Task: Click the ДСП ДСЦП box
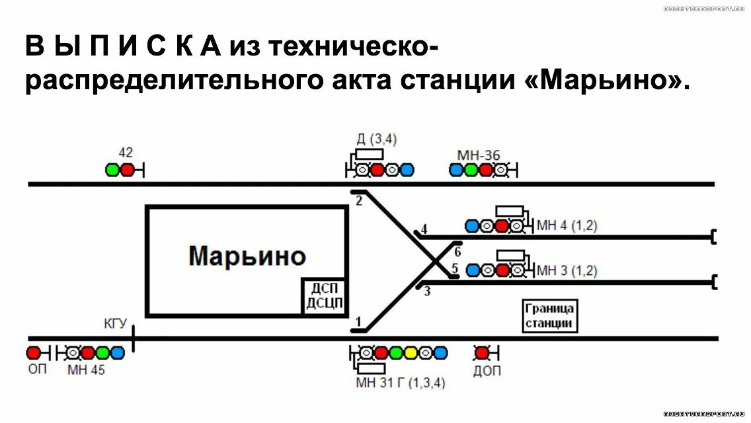(325, 296)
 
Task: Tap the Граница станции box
(550, 316)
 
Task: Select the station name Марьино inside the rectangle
(247, 256)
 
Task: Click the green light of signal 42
(113, 170)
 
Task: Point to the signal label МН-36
(478, 155)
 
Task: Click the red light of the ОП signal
(33, 352)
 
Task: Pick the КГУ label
(114, 323)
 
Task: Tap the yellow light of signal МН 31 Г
(411, 352)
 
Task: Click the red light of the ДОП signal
(482, 352)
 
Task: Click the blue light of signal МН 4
(472, 226)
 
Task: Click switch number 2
(359, 201)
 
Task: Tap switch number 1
(359, 322)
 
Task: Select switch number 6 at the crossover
(457, 251)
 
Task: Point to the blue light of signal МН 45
(118, 352)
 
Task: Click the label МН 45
(86, 370)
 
